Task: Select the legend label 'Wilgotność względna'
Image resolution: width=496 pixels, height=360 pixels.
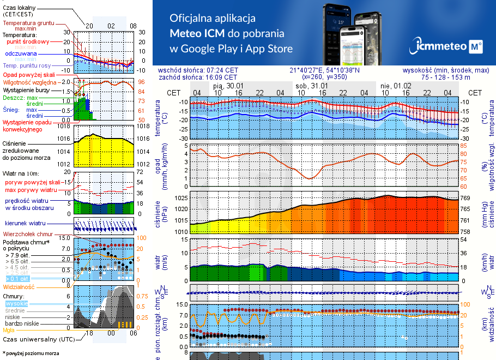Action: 30,82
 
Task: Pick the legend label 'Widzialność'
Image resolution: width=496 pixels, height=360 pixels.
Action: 19,286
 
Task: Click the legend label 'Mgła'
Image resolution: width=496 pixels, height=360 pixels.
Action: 9,330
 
